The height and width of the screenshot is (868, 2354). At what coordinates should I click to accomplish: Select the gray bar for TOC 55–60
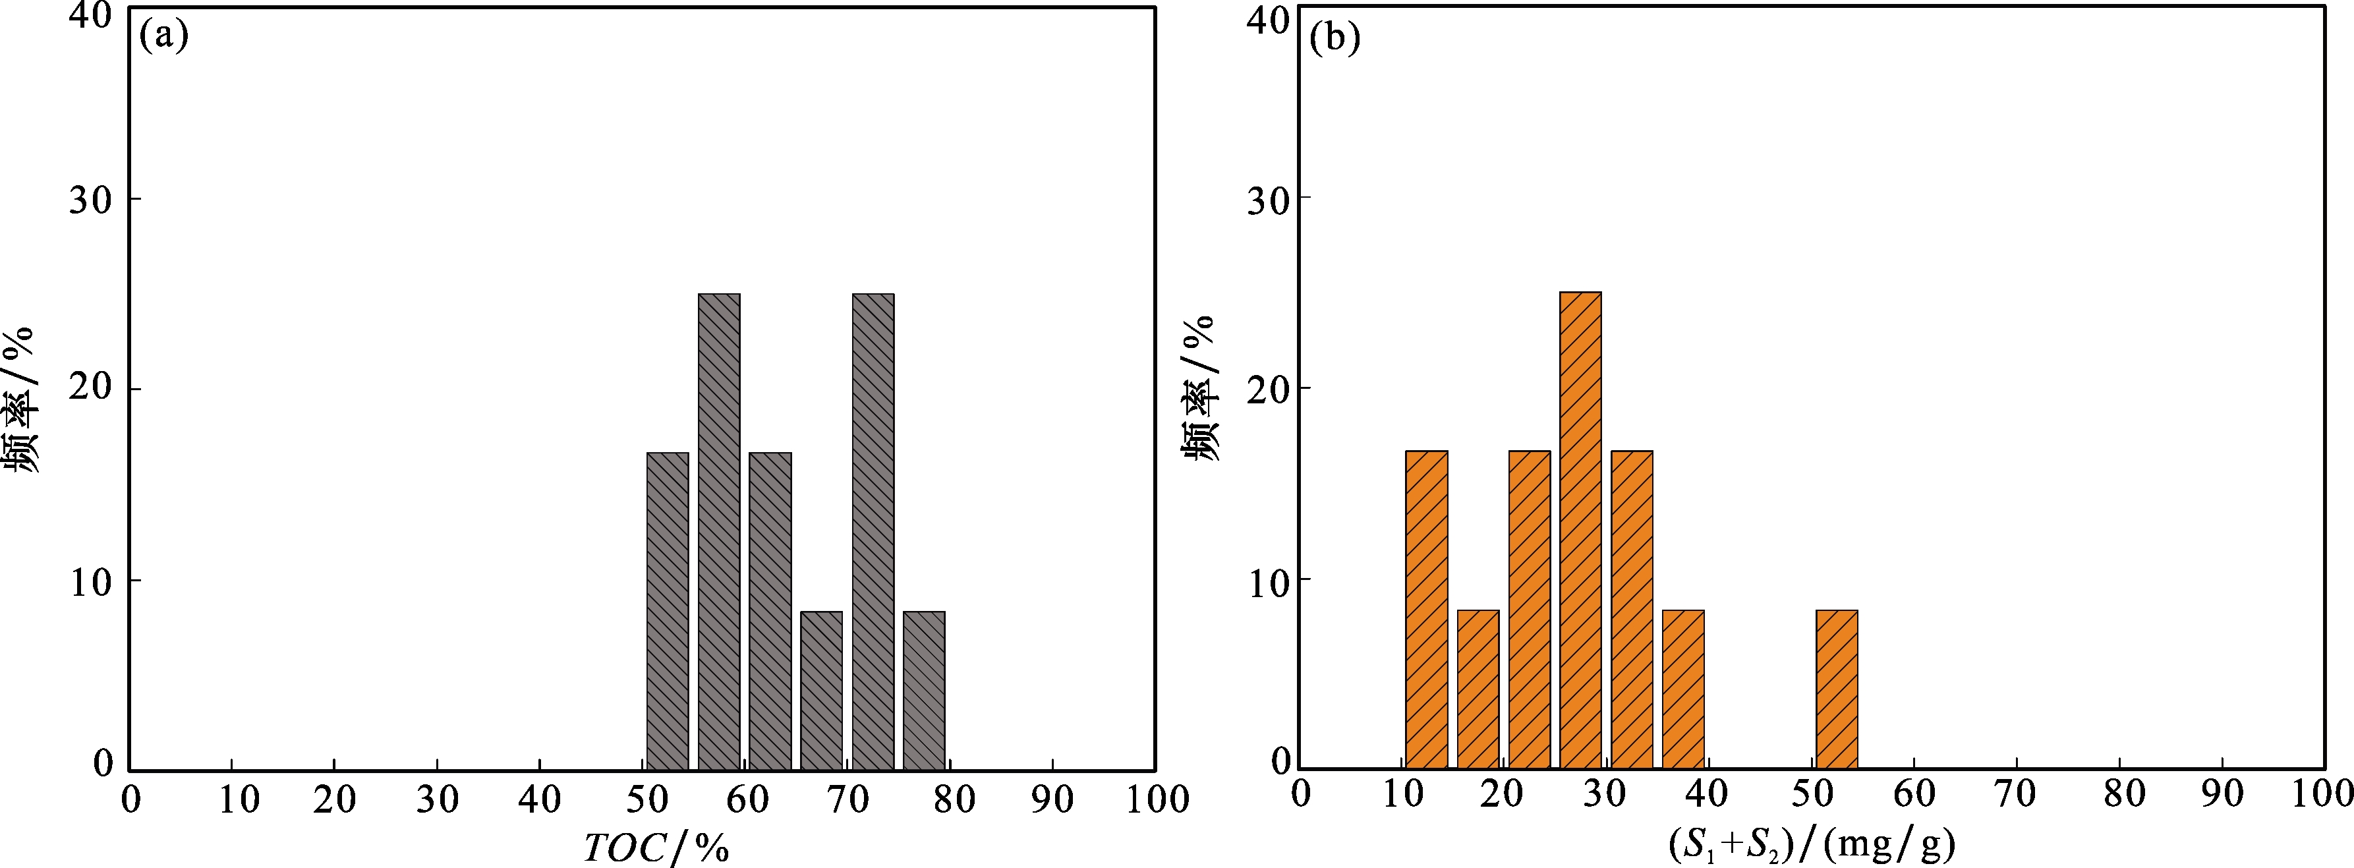pyautogui.click(x=718, y=532)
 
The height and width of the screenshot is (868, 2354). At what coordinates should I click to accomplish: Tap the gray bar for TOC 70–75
pyautogui.click(x=873, y=532)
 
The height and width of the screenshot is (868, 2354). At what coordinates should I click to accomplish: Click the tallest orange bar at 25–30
pyautogui.click(x=1580, y=530)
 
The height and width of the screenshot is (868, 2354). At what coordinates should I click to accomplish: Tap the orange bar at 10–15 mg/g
pyautogui.click(x=1427, y=610)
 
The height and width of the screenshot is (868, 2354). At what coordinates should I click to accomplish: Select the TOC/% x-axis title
pyautogui.click(x=656, y=847)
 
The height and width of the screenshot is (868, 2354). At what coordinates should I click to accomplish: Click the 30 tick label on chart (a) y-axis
pyautogui.click(x=90, y=199)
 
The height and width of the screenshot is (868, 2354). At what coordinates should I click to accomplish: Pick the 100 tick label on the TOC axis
pyautogui.click(x=1156, y=799)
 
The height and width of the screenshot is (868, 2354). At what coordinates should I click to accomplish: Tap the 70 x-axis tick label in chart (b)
pyautogui.click(x=2016, y=794)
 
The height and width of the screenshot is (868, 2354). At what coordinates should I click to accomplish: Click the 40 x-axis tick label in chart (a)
pyautogui.click(x=539, y=799)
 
